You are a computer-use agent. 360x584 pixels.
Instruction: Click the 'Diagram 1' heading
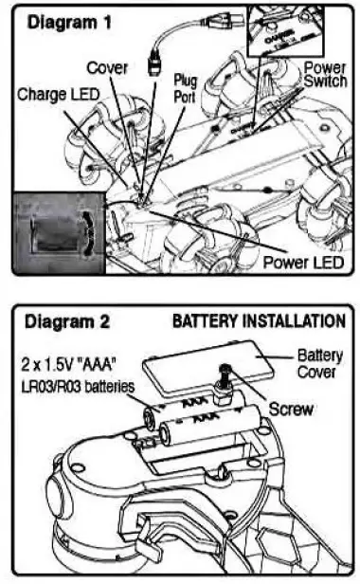pos(65,20)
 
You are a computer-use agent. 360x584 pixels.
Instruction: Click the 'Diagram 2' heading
pos(65,321)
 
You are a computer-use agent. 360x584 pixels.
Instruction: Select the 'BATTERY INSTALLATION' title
pos(258,321)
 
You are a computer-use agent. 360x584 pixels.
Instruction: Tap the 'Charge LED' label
pos(55,95)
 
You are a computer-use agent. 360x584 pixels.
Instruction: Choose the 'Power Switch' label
pos(323,76)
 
